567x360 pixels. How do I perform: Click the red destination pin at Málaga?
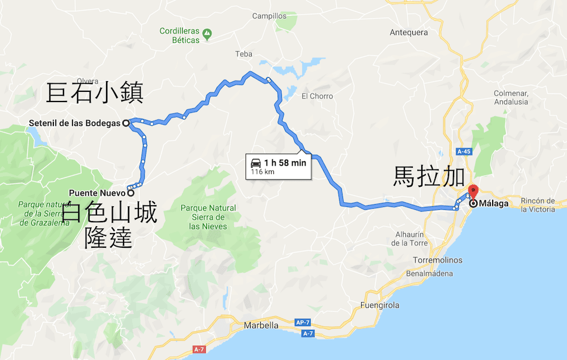[472, 192]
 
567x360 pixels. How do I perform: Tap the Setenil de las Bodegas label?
[75, 123]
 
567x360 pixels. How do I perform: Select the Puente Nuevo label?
[97, 193]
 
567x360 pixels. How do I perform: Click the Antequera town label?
[409, 32]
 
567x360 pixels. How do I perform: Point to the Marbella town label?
[261, 325]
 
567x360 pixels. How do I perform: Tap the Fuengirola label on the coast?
[379, 305]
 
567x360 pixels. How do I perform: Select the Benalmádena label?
[429, 274]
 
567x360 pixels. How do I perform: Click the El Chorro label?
[317, 96]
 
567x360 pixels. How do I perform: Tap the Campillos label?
[270, 16]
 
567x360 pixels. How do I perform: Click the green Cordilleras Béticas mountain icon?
[208, 35]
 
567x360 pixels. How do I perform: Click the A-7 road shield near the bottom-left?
[198, 349]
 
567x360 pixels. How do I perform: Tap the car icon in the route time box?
[256, 163]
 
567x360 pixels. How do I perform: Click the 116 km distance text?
[263, 172]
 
